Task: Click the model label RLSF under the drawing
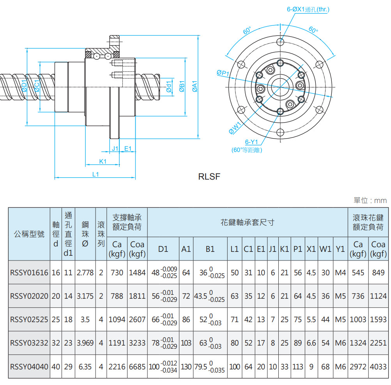pos(209,176)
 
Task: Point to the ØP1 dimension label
pos(223,73)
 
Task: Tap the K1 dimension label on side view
pos(103,161)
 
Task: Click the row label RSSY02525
pos(29,319)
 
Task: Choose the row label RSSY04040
pos(29,367)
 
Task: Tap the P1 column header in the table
pos(298,249)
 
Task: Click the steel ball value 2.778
pos(85,273)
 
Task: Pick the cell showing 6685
pos(137,367)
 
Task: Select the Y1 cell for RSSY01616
pos(340,273)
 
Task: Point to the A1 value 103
pos(186,343)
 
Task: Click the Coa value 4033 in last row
pos(378,367)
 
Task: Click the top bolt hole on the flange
pos(280,41)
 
